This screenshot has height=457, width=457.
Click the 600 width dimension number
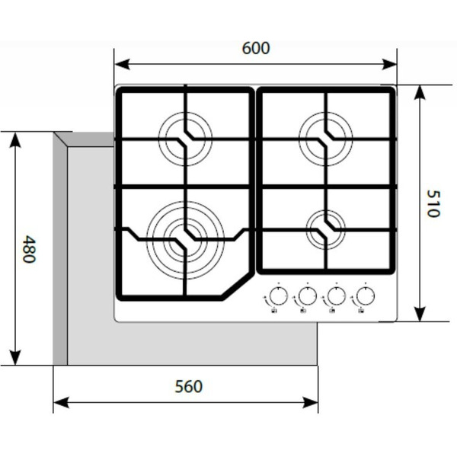(256, 48)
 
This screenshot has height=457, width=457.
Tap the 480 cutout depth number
(28, 249)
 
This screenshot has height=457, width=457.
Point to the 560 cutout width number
(188, 386)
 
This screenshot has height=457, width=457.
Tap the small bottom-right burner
(325, 227)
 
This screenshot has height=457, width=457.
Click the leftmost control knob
(279, 296)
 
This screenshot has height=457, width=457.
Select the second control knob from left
(307, 296)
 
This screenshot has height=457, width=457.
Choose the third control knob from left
(335, 296)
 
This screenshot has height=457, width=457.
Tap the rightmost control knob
(364, 296)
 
